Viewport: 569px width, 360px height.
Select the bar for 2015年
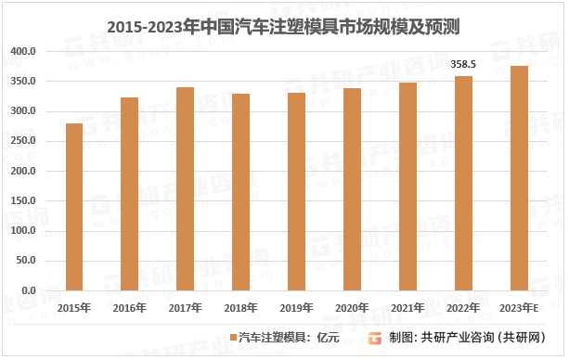tap(74, 207)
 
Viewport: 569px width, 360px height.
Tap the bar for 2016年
tap(130, 194)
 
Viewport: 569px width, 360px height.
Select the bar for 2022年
tap(463, 184)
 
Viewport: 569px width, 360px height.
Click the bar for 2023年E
tap(519, 178)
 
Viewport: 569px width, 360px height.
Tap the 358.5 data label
tap(463, 65)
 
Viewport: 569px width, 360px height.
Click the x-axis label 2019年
tap(296, 308)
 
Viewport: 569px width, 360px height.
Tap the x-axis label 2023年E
tap(519, 308)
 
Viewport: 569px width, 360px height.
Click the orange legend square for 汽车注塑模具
tap(234, 338)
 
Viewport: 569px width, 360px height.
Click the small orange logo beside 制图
tap(375, 338)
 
